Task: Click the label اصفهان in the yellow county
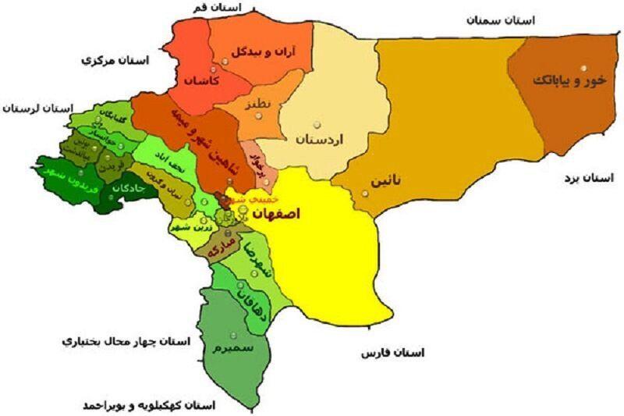tap(273, 214)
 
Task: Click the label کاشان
tap(202, 80)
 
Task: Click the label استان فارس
tap(392, 354)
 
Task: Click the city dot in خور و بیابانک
tap(583, 68)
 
